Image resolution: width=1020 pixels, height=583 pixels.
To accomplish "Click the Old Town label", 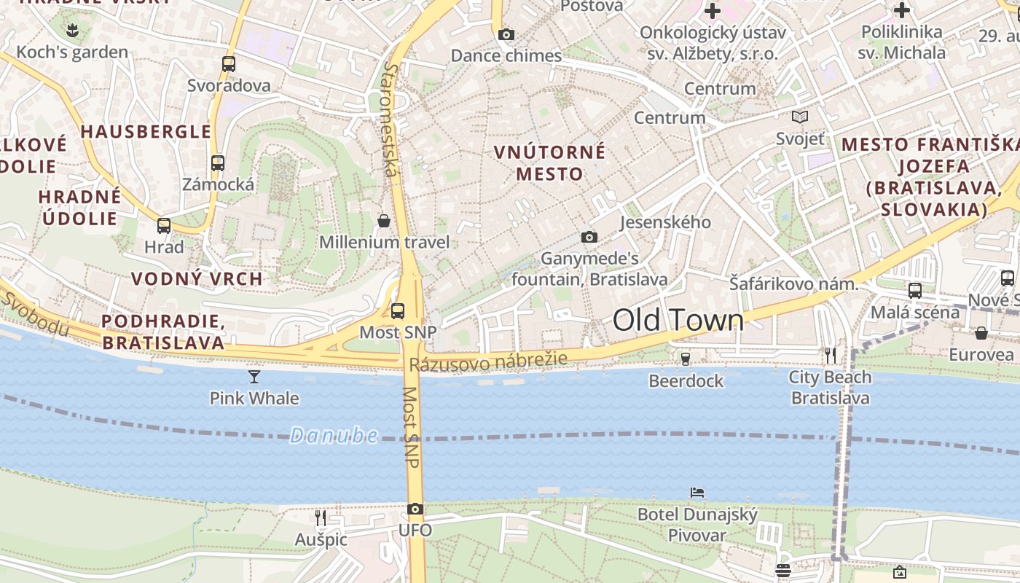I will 678,321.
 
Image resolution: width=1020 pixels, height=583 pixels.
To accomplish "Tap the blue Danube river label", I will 334,436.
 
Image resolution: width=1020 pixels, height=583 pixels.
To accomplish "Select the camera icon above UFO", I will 415,509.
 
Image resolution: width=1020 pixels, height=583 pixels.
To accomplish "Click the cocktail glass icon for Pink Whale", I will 254,376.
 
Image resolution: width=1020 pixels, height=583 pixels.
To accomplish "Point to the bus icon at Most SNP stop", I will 398,311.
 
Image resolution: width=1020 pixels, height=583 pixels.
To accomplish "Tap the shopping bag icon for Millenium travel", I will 384,220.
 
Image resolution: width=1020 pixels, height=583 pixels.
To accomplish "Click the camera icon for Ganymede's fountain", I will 589,237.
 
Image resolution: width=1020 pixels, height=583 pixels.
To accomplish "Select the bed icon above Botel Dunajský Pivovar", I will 697,493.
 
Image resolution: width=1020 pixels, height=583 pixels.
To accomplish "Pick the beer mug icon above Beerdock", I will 685,359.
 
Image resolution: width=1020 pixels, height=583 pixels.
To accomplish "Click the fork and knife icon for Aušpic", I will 321,517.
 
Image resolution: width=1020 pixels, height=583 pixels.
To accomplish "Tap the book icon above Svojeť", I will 800,117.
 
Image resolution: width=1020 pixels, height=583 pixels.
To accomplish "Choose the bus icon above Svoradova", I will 229,63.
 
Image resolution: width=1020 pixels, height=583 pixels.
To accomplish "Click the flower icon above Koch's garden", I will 71,30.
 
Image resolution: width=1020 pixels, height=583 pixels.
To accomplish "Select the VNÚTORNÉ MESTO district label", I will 549,163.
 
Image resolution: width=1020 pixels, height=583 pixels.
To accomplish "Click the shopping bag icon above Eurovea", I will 981,333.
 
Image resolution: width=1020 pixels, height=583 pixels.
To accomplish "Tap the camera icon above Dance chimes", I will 506,34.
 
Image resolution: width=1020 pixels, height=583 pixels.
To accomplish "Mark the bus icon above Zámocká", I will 218,163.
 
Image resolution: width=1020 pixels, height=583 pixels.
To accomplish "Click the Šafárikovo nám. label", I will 794,284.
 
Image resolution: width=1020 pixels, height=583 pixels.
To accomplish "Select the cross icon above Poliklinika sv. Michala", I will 902,10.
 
